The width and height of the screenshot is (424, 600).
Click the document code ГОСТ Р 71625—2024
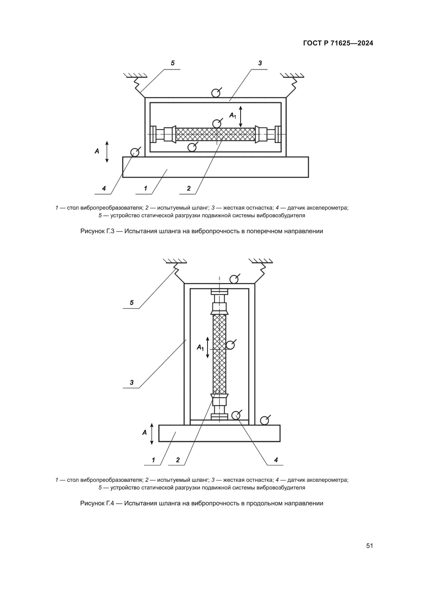338,43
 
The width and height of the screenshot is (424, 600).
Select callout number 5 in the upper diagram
173,63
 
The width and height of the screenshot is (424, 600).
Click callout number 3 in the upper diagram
260,63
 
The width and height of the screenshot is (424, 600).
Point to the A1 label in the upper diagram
232,115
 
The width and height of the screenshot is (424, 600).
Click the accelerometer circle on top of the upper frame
215,93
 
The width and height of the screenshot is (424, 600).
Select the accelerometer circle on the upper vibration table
135,152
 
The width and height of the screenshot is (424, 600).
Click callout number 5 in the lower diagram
132,303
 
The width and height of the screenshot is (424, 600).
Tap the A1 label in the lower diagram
200,347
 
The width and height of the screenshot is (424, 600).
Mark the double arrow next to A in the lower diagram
152,434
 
